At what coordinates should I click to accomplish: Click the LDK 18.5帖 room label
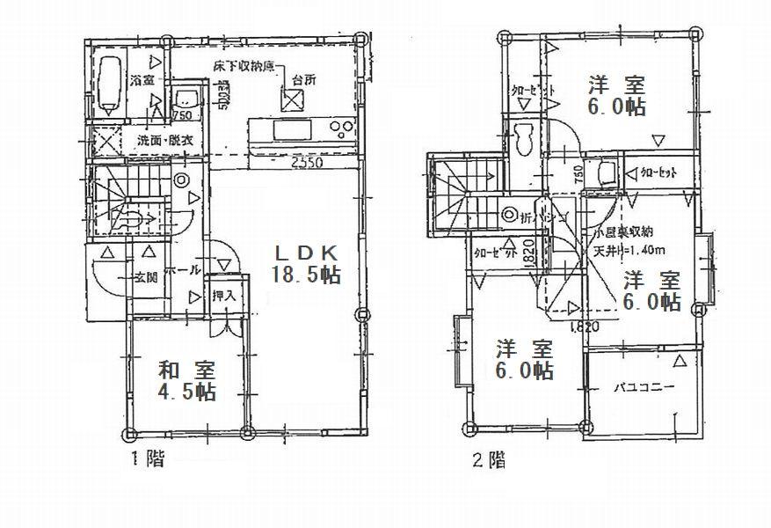point(307,263)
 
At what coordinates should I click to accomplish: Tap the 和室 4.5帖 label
point(187,379)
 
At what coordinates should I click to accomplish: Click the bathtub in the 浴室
point(109,85)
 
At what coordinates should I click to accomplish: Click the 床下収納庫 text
point(243,68)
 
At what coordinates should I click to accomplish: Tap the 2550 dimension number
point(304,163)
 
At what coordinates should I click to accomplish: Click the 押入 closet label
point(224,295)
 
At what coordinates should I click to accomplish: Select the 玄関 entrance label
point(146,279)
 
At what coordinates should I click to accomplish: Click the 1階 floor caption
point(148,458)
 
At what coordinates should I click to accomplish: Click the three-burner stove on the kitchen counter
point(338,131)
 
